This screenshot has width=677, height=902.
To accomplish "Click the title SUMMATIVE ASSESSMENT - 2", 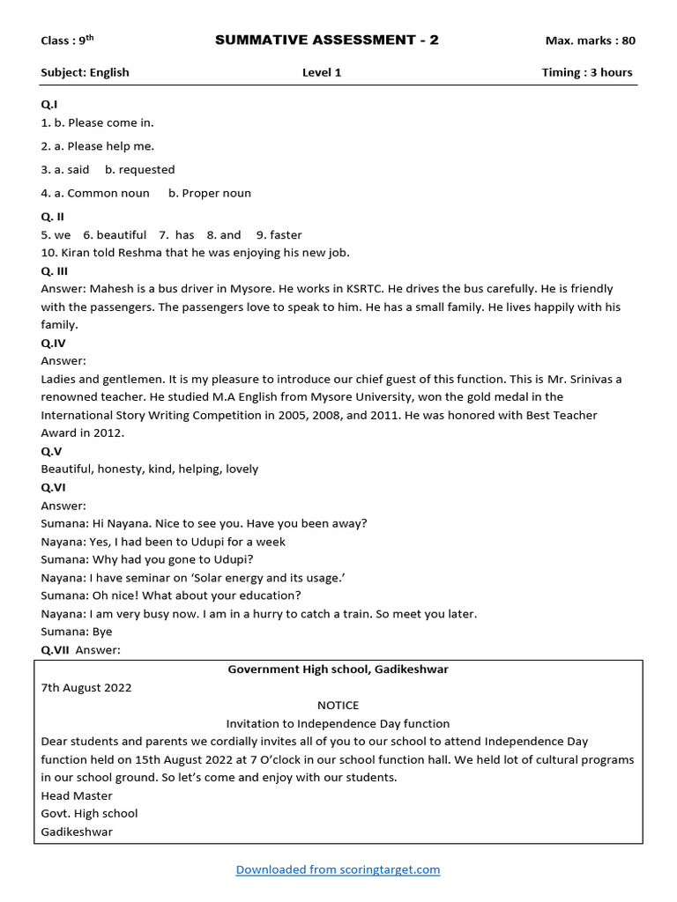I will [x=326, y=41].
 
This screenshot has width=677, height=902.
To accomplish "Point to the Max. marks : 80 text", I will [x=590, y=41].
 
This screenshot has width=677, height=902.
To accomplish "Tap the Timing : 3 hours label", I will [x=586, y=72].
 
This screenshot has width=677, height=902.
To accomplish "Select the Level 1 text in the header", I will [x=322, y=72].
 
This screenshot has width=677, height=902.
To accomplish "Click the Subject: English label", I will [x=85, y=72].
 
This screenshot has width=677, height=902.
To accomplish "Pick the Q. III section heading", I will [x=54, y=271].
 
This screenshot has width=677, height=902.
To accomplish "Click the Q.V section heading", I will [x=52, y=451].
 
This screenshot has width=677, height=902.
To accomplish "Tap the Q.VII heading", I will [x=56, y=650].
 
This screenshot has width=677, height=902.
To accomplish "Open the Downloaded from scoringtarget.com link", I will [x=338, y=869].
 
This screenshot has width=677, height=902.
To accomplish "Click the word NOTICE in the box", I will [x=338, y=706].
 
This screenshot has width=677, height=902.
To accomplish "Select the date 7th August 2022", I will [x=86, y=688].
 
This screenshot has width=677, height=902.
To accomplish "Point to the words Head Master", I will [x=77, y=795].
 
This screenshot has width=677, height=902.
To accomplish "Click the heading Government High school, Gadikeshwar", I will [x=338, y=669].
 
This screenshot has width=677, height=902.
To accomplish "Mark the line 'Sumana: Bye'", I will [x=77, y=632].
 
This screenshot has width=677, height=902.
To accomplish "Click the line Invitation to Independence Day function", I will [x=338, y=723].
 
